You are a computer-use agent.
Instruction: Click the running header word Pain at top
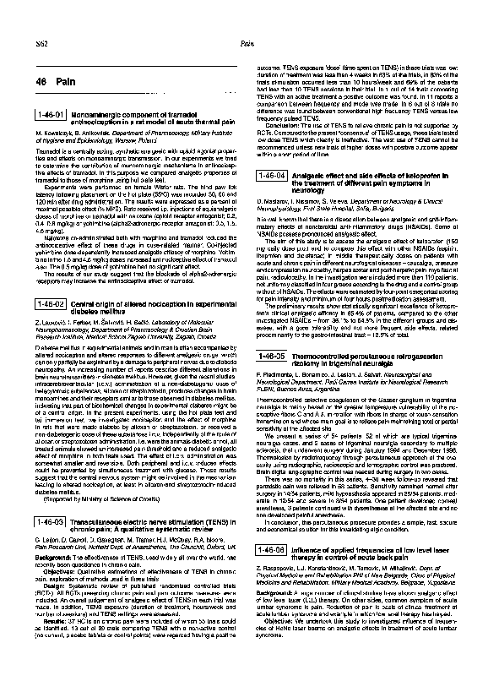point(247,41)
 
